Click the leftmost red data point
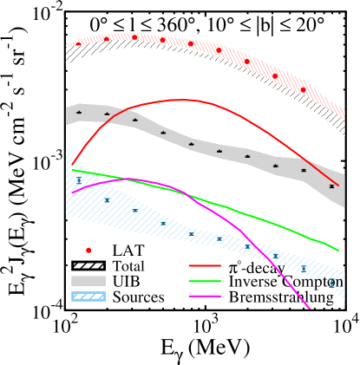pos(78,43)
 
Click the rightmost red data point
pos(303,89)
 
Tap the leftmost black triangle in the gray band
pos(79,112)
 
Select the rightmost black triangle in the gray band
pos(331,186)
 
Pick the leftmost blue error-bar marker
pos(79,180)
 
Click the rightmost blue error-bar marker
pos(331,282)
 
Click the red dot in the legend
pos(88,251)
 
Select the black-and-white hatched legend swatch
pos(88,265)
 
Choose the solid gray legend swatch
pos(88,281)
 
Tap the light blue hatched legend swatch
pos(88,297)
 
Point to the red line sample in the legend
pos(205,265)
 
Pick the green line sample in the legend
pos(205,281)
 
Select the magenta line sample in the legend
pos(205,297)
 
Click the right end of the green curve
pos(338,251)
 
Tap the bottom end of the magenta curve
pos(309,307)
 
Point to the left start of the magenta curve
pos(73,192)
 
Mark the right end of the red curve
pos(337,185)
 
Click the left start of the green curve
pos(73,170)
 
